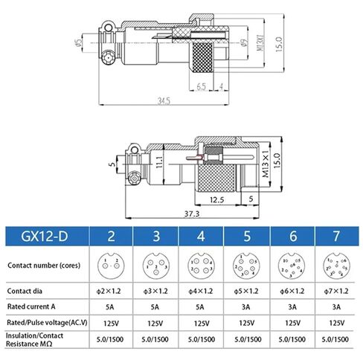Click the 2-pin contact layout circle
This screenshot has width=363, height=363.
coord(111,266)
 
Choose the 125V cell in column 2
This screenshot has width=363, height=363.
coord(111,324)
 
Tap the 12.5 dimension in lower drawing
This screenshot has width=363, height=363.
coord(218,199)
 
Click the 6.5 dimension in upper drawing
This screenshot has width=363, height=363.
coord(202,86)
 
